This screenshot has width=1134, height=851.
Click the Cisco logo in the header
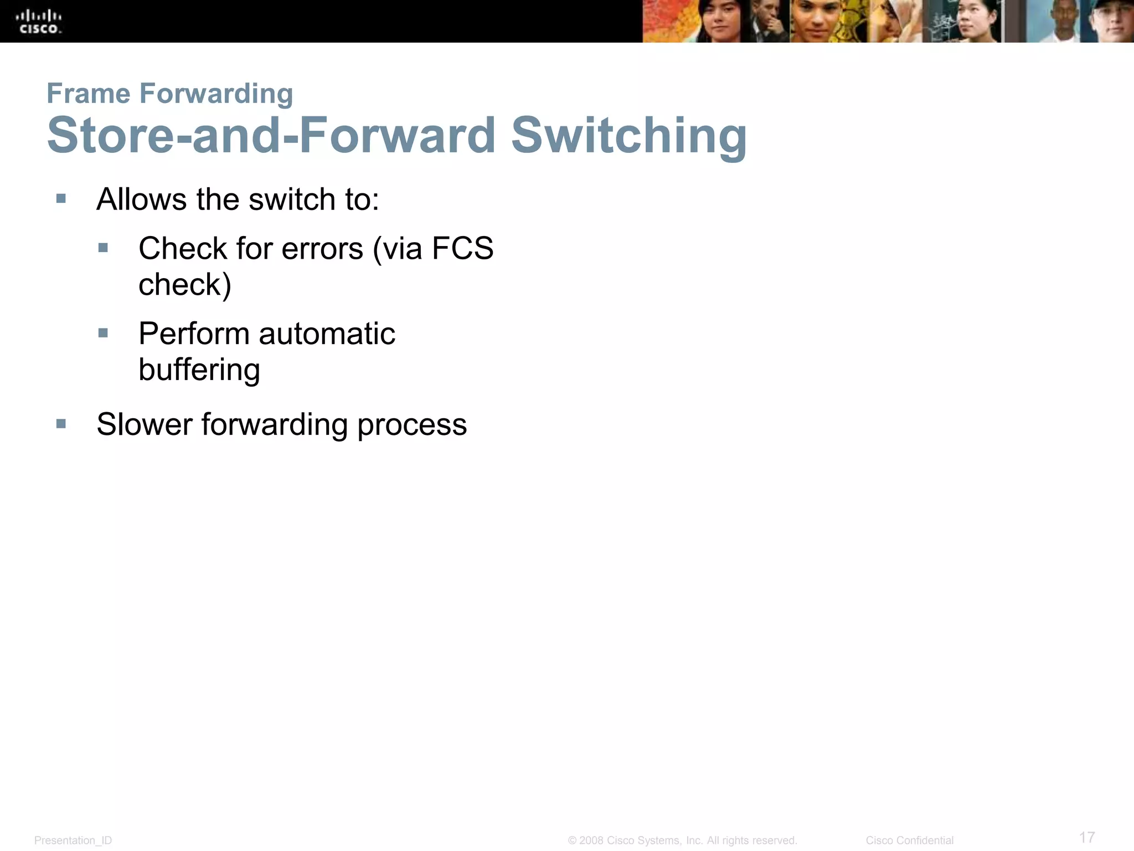tap(39, 22)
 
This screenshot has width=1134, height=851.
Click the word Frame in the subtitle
tap(88, 93)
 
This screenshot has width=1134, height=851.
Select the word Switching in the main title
tap(628, 136)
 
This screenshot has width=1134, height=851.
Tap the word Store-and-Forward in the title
tap(271, 136)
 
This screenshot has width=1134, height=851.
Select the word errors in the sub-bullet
tap(322, 249)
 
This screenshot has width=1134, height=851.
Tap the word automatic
tap(327, 334)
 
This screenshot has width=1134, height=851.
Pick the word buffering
tap(199, 370)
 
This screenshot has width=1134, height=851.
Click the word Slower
tap(145, 424)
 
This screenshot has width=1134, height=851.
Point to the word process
tap(412, 425)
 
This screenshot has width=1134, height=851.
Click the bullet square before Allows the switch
tap(61, 198)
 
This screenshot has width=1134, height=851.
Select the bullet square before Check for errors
tap(103, 247)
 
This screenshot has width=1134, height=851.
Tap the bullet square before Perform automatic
tap(103, 333)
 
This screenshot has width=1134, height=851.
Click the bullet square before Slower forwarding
tap(61, 424)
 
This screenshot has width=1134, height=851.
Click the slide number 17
tap(1086, 837)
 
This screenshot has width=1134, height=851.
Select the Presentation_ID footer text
tap(73, 840)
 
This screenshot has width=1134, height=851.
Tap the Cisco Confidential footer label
tap(909, 840)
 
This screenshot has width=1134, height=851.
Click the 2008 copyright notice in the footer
tap(682, 840)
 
